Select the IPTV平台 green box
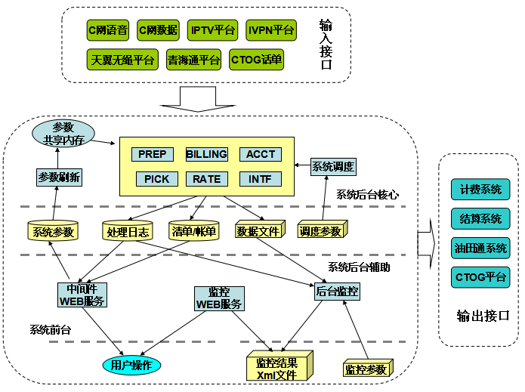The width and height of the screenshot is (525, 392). click(213, 30)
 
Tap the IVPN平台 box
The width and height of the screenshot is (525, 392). click(271, 30)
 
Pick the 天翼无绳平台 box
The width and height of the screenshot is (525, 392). click(122, 60)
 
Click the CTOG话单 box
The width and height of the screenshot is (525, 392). click(256, 60)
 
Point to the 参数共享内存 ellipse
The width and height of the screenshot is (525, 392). click(62, 134)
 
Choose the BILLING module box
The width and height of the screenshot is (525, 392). click(206, 154)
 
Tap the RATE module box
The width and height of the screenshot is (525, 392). click(206, 179)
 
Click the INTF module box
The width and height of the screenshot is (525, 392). click(260, 179)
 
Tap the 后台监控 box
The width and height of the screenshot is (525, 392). click(337, 290)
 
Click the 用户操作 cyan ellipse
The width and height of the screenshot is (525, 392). click(132, 365)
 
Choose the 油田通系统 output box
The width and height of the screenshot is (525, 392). click(480, 247)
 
